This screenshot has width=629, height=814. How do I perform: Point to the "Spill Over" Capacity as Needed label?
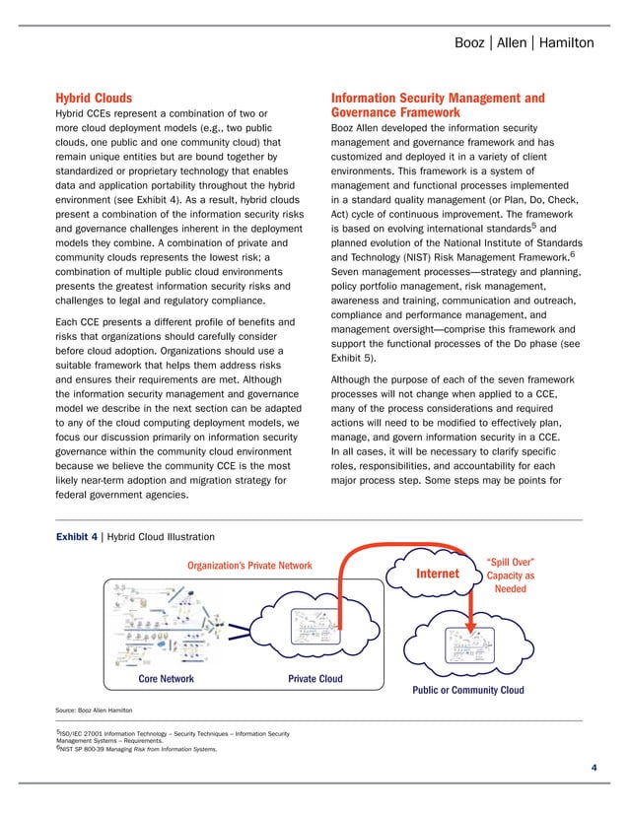pyautogui.click(x=511, y=576)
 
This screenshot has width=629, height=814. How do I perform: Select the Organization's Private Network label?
pyautogui.click(x=249, y=565)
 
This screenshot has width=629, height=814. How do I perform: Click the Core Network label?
pyautogui.click(x=165, y=679)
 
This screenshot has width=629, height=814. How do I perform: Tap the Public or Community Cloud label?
pyautogui.click(x=467, y=690)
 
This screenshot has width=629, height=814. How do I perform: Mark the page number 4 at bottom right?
pyautogui.click(x=594, y=767)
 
